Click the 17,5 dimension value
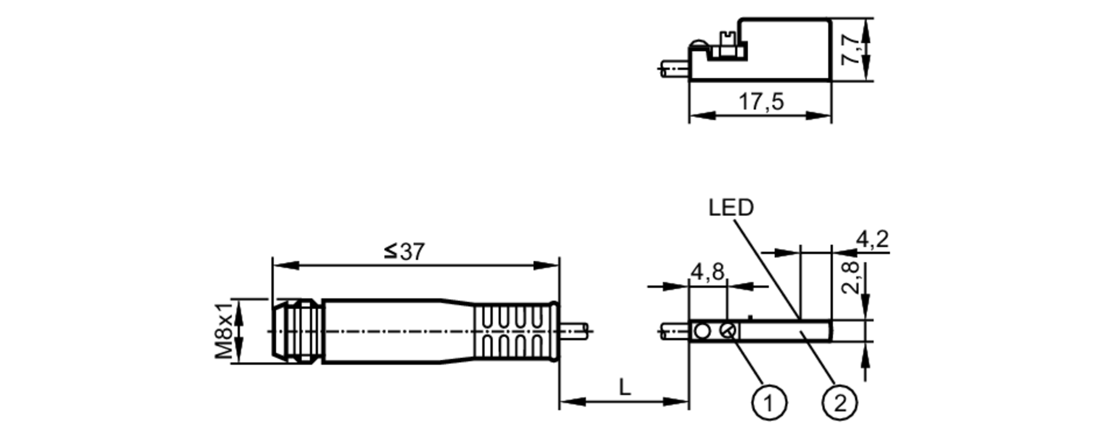(x=760, y=101)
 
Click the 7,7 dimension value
(x=851, y=50)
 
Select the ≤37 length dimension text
(x=404, y=252)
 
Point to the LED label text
(x=731, y=208)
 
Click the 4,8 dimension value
(x=707, y=272)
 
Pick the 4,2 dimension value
(x=872, y=239)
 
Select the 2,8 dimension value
(x=850, y=278)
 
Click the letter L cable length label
(x=624, y=387)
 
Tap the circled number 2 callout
(x=839, y=403)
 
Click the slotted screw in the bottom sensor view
(x=728, y=331)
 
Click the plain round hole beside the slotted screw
(x=703, y=331)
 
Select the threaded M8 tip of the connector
(x=296, y=331)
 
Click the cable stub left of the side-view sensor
(x=674, y=68)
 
